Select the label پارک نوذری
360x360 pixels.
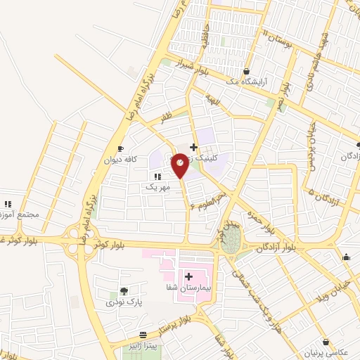(124, 302)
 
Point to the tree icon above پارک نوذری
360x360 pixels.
(124, 290)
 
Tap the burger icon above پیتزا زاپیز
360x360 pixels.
(143, 335)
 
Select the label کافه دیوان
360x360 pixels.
(119, 160)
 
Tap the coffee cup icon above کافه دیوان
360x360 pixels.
(120, 148)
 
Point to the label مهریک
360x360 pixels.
(157, 188)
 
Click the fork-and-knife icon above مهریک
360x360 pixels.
(157, 176)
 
